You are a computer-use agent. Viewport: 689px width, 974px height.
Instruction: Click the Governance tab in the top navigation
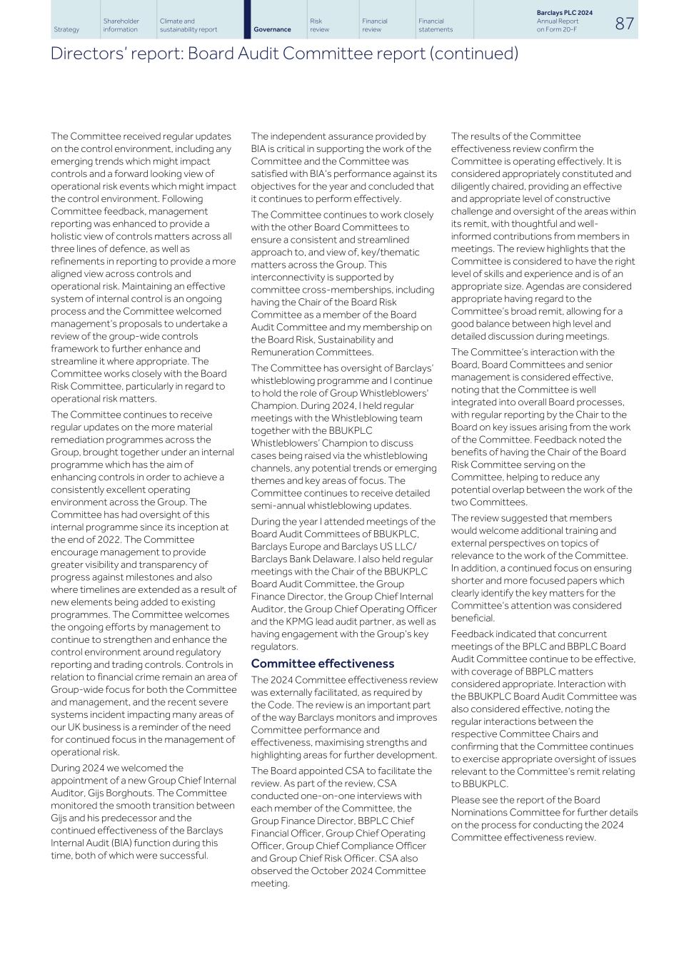tap(272, 29)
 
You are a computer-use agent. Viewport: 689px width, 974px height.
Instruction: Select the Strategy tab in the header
tap(66, 29)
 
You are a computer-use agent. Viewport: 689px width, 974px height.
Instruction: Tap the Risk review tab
tap(320, 25)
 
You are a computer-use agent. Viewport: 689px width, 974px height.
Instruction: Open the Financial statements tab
tap(436, 25)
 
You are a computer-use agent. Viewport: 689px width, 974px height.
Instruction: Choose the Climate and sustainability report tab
tap(188, 25)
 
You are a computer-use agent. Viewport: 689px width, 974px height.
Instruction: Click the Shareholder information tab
tap(121, 25)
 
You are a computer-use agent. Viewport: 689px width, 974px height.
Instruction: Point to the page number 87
tap(624, 24)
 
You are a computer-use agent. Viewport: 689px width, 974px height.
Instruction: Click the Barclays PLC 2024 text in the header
tap(564, 13)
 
